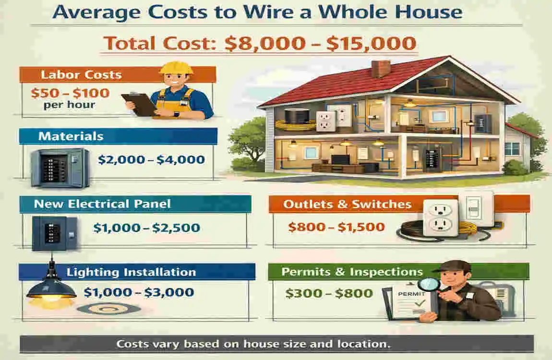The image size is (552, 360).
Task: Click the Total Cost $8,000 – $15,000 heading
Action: coord(260,44)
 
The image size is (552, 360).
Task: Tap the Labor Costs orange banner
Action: coord(82,75)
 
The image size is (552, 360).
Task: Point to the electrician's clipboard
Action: coord(138,104)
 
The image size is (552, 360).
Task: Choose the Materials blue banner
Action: coord(71,136)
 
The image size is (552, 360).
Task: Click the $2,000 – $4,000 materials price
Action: coord(151,160)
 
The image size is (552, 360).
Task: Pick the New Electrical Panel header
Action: coord(102,204)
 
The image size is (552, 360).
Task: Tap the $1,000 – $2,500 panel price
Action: coord(147,228)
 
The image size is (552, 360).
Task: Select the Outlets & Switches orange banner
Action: coord(347,204)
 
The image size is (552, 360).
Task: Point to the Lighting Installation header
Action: coord(131,272)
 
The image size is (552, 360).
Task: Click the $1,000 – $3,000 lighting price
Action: coord(139,292)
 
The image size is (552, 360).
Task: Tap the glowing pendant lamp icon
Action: coord(51,288)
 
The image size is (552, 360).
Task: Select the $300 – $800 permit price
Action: coord(329,292)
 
